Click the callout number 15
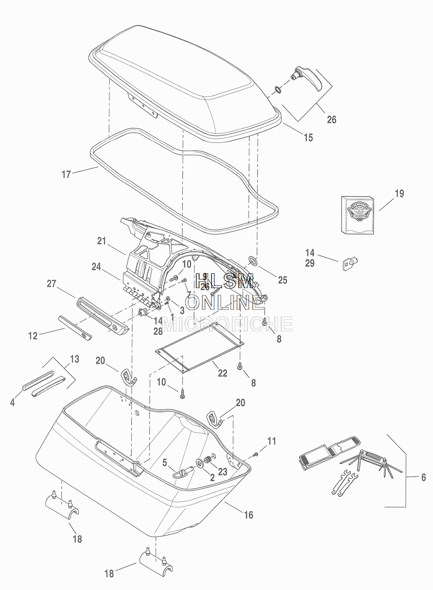308,138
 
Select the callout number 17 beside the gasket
66,175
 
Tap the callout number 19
399,194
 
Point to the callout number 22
222,373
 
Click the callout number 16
248,515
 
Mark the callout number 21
101,241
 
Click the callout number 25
282,280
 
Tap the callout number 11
271,441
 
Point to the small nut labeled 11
255,454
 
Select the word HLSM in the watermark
224,282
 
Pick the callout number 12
33,335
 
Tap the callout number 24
96,267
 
